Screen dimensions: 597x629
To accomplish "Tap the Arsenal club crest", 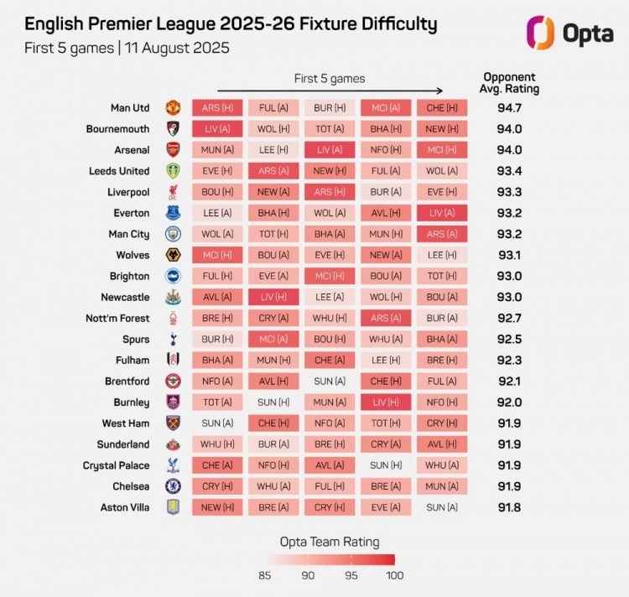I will [172, 150].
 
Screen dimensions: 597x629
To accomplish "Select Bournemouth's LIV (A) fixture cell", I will [217, 129].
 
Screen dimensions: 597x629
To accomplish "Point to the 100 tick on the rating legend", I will [395, 575].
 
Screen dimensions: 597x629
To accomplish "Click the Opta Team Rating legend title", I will [330, 542].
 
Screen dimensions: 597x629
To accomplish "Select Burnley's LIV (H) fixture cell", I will [386, 402].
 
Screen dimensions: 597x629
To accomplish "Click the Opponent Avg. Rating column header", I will [509, 83].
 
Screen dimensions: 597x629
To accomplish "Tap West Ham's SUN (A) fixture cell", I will [217, 423].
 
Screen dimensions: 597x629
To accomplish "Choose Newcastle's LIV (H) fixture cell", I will [273, 297].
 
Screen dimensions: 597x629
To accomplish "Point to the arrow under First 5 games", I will [330, 91].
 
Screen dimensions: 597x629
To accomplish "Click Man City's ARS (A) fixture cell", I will [442, 234].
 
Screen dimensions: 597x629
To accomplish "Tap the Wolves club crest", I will [172, 255].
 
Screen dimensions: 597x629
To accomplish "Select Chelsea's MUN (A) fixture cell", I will [442, 486].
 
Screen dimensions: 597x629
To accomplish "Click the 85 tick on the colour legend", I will [264, 575].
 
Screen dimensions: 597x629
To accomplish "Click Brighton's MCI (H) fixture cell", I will [330, 276].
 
